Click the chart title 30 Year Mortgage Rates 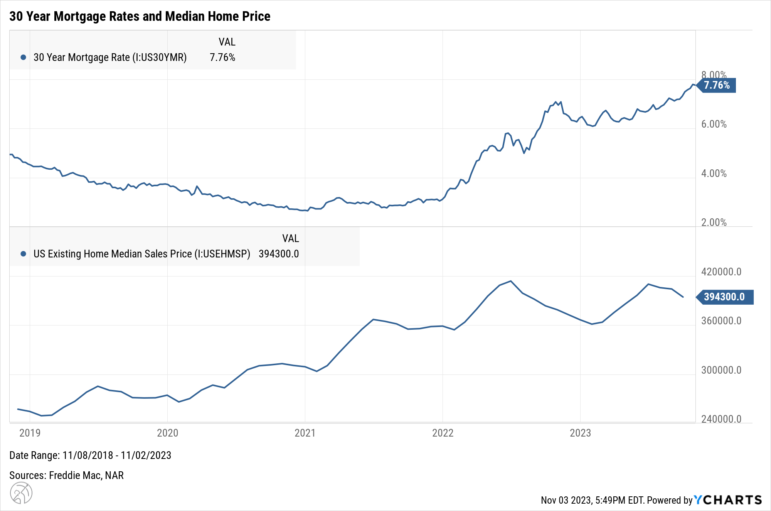(x=140, y=16)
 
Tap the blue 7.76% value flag (x=717, y=85)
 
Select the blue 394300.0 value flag (x=724, y=297)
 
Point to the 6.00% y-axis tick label (x=714, y=124)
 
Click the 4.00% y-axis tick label (x=714, y=174)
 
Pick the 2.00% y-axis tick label (x=714, y=223)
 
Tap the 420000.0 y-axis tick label (x=721, y=272)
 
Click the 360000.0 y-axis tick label (x=721, y=321)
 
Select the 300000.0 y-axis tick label (x=721, y=370)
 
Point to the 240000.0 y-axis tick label (x=721, y=419)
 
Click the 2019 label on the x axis (x=30, y=433)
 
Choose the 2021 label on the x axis (x=305, y=433)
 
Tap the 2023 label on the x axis (x=580, y=433)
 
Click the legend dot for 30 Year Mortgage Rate (x=24, y=57)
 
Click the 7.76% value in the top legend (x=222, y=57)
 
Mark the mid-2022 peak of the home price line (x=511, y=281)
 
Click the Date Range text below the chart (x=90, y=455)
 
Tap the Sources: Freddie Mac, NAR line (x=66, y=476)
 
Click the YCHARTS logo (x=728, y=500)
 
